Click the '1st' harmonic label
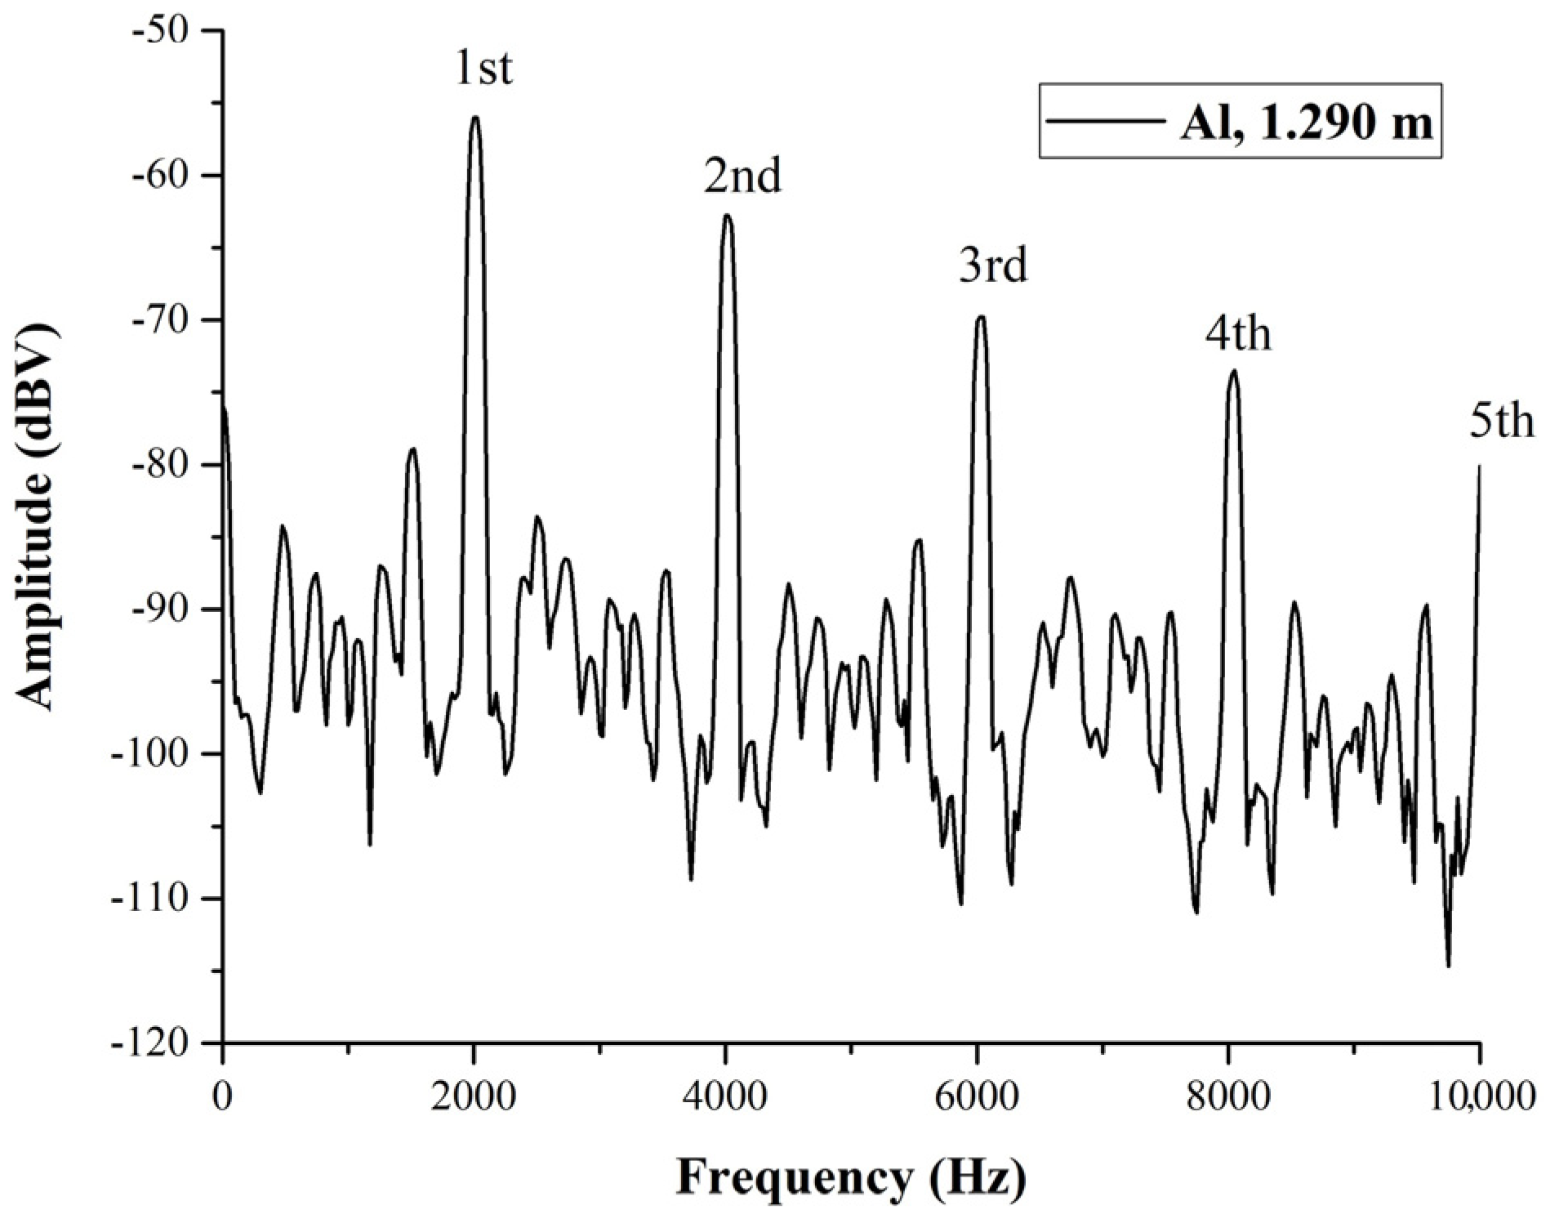(x=483, y=69)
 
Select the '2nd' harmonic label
(x=742, y=176)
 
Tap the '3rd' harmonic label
(x=992, y=266)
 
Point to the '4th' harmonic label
(x=1238, y=334)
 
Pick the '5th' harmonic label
(x=1502, y=423)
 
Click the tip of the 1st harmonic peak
(x=474, y=118)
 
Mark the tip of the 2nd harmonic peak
(x=727, y=215)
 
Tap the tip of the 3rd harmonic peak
(x=981, y=316)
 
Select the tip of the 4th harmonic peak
(x=1233, y=371)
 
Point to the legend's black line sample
(x=1107, y=122)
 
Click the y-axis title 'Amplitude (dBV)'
(x=38, y=516)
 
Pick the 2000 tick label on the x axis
(x=474, y=1096)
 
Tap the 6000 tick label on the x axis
(x=977, y=1096)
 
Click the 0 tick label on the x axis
(x=222, y=1096)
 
